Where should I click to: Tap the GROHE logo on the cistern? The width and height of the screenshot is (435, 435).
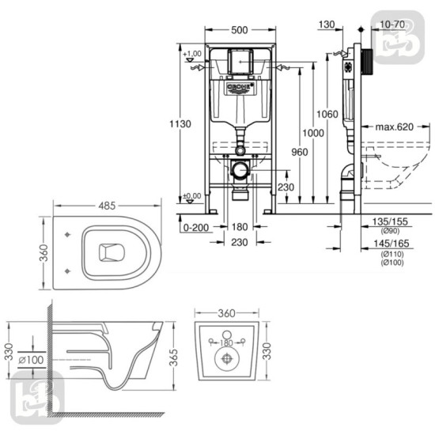pyautogui.click(x=240, y=85)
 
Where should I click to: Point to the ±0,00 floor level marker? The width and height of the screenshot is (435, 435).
pyautogui.click(x=191, y=195)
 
